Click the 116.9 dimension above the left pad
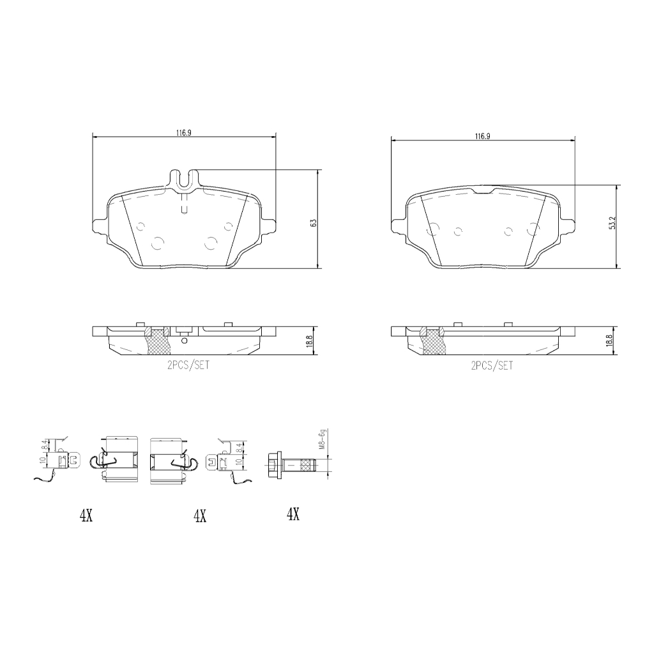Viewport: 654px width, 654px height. (x=183, y=133)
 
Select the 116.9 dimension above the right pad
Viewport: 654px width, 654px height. (x=482, y=136)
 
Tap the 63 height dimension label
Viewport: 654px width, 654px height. (x=314, y=223)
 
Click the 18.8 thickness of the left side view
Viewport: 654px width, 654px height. (x=309, y=341)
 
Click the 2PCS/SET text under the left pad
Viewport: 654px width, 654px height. (x=188, y=365)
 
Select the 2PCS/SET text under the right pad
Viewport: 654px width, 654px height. (x=492, y=366)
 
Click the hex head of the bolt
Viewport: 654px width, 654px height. (x=273, y=464)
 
